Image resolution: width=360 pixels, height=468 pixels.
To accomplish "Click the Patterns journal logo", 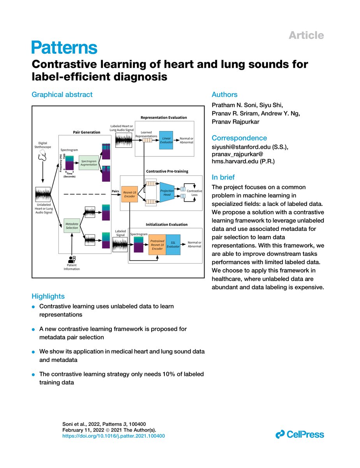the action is pyautogui.click(x=64, y=47).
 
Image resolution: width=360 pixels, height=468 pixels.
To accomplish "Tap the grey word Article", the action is pyautogui.click(x=306, y=35).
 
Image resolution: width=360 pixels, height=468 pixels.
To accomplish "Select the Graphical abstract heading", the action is pyautogui.click(x=62, y=94).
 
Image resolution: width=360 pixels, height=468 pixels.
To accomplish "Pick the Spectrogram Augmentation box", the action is pyautogui.click(x=88, y=163).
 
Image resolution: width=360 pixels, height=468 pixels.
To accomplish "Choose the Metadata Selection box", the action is pyautogui.click(x=72, y=226).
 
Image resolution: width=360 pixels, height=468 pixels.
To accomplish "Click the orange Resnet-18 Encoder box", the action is pyautogui.click(x=129, y=194).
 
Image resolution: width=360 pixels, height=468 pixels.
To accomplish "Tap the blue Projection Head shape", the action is pyautogui.click(x=167, y=193).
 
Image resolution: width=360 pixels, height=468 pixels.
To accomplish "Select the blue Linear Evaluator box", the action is pyautogui.click(x=166, y=140).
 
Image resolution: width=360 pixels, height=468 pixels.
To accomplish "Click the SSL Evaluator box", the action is pyautogui.click(x=173, y=245).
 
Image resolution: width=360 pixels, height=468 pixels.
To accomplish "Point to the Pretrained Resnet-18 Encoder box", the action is pyautogui.click(x=157, y=245).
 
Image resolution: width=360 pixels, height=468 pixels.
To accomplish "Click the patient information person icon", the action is pyautogui.click(x=72, y=259).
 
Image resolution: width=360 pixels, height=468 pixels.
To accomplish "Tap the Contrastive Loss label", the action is pyautogui.click(x=194, y=193).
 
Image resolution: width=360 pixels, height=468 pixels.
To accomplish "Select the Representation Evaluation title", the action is pyautogui.click(x=164, y=117).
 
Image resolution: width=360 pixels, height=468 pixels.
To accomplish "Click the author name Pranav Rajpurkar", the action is pyautogui.click(x=235, y=122).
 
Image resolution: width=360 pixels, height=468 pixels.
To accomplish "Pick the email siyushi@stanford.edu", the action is pyautogui.click(x=241, y=147).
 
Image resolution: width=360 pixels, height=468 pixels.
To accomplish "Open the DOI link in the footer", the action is pyautogui.click(x=113, y=436).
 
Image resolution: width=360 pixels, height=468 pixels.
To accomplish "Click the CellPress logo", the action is pyautogui.click(x=300, y=434).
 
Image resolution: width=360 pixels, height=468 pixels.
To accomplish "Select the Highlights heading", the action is pyautogui.click(x=48, y=296).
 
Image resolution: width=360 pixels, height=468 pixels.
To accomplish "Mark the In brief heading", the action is pyautogui.click(x=223, y=177).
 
